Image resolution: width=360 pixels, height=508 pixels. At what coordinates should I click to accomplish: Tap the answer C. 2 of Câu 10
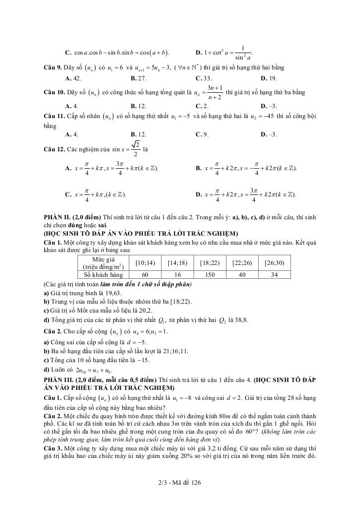point(204,106)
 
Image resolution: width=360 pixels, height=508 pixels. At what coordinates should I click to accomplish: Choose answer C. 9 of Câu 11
point(204,134)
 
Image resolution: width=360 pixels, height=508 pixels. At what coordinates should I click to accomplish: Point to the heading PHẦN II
point(57,217)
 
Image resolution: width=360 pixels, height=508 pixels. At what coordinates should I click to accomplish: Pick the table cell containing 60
point(145,274)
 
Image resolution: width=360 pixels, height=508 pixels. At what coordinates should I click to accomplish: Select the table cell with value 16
point(177,274)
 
